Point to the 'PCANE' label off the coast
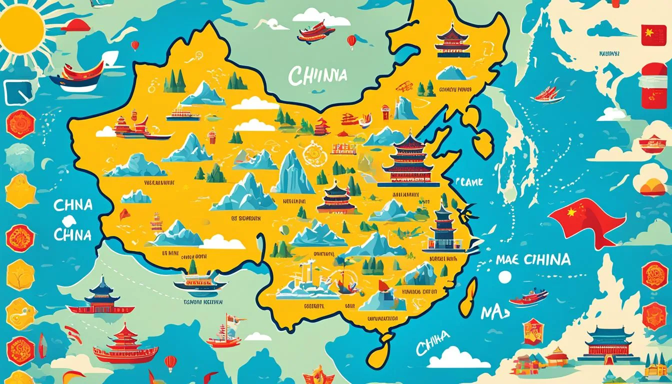coord(469,182)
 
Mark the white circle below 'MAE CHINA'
coord(505,276)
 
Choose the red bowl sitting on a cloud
coord(652,144)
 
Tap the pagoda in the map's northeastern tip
coord(452,39)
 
